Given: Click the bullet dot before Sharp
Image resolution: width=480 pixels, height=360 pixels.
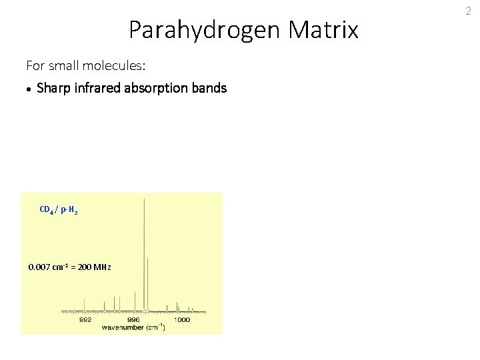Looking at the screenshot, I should click(x=29, y=89).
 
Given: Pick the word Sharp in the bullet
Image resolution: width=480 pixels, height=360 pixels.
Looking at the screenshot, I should click(x=53, y=88).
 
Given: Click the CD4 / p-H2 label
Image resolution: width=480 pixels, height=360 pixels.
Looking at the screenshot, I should click(x=59, y=210).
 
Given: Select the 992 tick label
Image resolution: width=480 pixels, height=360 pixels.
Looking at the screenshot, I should click(x=86, y=320).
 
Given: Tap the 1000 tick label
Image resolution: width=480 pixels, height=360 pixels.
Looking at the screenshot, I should click(x=182, y=320).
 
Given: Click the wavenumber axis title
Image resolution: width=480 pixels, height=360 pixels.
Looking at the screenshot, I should click(x=133, y=328).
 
